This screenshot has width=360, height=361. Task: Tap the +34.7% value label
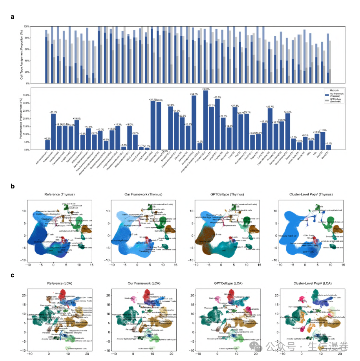[194, 95]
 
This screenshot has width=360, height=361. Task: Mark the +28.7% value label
[270, 107]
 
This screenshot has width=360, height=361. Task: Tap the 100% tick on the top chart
[38, 26]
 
